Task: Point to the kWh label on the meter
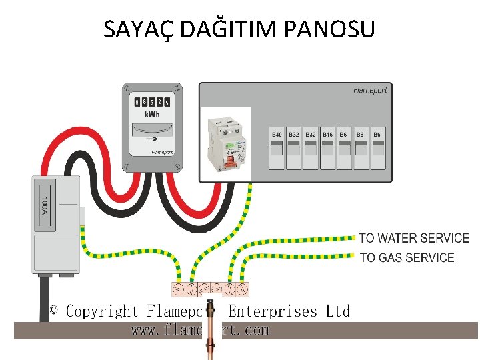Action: coord(153,115)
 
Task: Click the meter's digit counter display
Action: coord(153,102)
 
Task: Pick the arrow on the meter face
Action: coord(153,139)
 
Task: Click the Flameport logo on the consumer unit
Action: coord(370,90)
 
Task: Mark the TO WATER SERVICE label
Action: coord(414,238)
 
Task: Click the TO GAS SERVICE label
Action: coord(407,257)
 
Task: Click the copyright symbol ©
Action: coord(54,311)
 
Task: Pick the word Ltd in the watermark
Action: coord(337,311)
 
